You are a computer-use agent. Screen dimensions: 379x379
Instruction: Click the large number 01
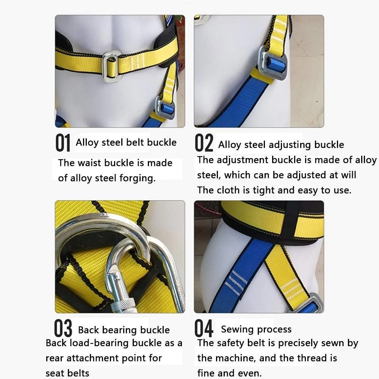(x=63, y=143)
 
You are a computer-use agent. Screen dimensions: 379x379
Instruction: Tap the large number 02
(x=204, y=143)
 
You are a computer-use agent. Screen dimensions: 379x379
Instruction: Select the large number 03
(x=63, y=328)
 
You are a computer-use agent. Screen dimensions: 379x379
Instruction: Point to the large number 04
(x=204, y=328)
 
